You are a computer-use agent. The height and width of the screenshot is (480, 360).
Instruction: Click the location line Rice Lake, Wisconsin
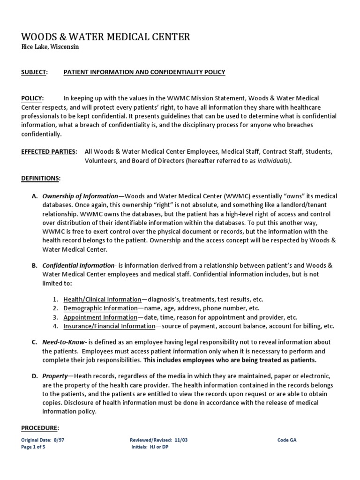(x=50, y=48)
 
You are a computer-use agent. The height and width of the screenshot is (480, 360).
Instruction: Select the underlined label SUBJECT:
(x=34, y=72)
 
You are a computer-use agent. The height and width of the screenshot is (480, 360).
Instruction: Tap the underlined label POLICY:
(x=32, y=98)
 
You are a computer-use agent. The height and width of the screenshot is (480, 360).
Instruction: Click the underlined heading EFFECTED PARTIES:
(x=49, y=152)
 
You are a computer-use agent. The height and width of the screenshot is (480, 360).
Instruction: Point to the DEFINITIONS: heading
(x=41, y=179)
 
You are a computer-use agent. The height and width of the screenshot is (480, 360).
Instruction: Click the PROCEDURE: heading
(x=40, y=428)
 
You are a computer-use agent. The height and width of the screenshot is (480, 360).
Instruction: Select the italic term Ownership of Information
(x=80, y=196)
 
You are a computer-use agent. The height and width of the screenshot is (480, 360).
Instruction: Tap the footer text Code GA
(x=287, y=440)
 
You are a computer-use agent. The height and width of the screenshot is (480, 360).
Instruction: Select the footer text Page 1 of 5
(x=34, y=447)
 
